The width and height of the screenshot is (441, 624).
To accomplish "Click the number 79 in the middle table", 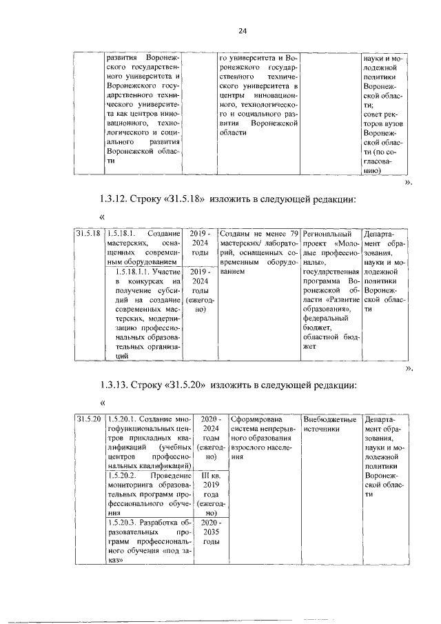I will tap(293, 234).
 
